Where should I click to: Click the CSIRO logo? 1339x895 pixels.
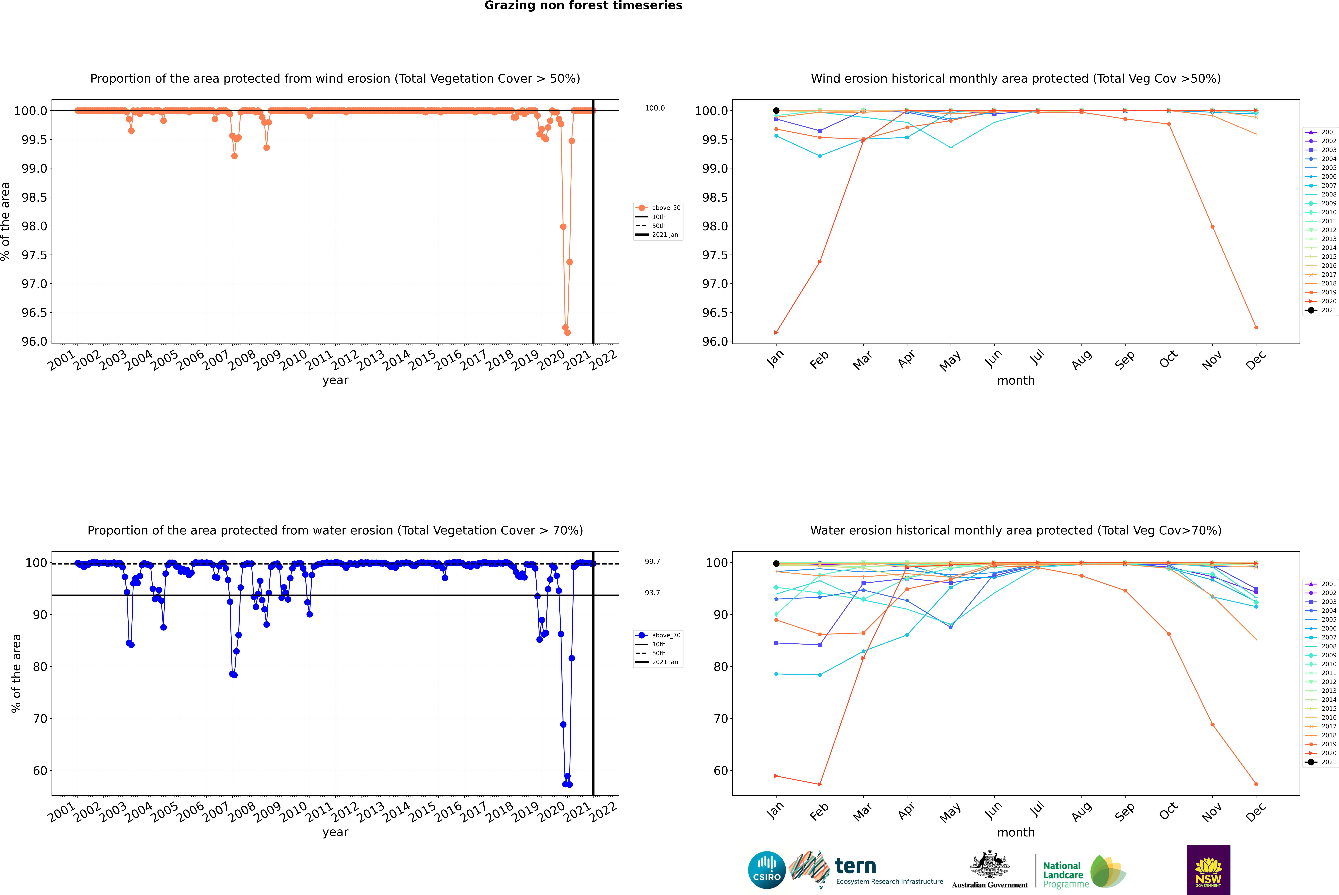(767, 870)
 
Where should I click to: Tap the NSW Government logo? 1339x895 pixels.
(1208, 870)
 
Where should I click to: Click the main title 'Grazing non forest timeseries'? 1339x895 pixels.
(583, 6)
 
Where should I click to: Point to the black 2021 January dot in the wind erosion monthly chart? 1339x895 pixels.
(776, 111)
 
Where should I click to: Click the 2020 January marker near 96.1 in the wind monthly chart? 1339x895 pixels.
(776, 332)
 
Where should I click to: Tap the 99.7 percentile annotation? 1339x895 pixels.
(652, 562)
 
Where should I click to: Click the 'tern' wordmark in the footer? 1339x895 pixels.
(855, 866)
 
